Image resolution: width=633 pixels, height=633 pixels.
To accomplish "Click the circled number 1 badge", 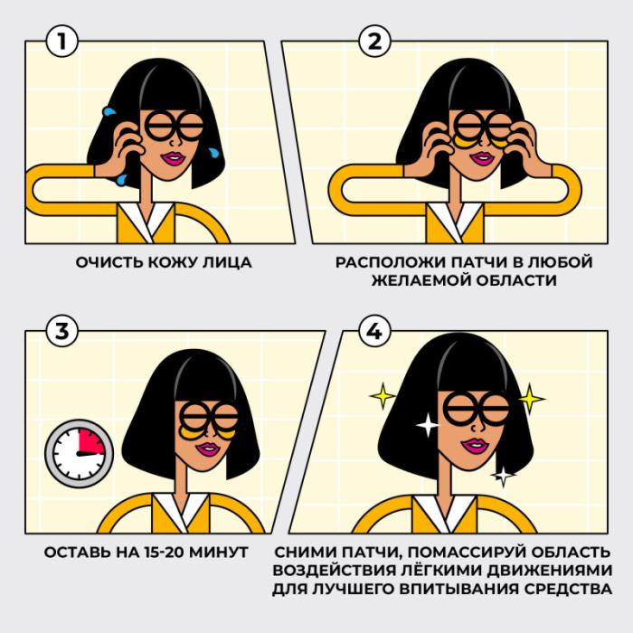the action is [61, 41].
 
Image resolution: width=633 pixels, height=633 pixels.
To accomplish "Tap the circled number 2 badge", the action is [374, 41].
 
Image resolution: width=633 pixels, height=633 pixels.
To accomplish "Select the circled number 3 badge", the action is [61, 331].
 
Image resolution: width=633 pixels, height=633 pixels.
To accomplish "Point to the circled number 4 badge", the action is [374, 331].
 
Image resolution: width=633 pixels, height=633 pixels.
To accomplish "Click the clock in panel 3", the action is [80, 453].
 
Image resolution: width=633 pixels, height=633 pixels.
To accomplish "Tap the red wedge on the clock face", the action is [90, 441].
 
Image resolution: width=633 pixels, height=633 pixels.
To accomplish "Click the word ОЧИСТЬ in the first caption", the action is [109, 262].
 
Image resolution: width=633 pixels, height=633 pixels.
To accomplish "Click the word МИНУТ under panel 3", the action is [219, 553].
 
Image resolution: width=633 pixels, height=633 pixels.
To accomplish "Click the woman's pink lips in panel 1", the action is [174, 158].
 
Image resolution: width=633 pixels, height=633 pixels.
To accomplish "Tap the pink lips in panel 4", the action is [475, 446].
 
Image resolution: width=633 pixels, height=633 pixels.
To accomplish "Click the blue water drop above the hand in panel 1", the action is [109, 111].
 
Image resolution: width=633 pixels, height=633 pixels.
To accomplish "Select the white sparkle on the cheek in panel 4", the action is [427, 425].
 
